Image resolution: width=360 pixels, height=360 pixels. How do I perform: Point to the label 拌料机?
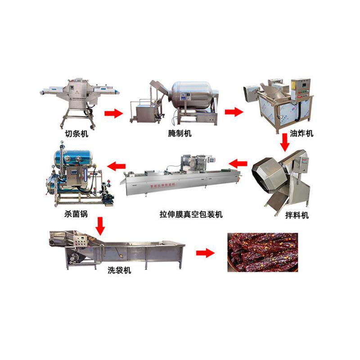[298, 215]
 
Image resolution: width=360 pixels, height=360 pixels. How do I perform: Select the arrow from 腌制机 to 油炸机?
[234, 112]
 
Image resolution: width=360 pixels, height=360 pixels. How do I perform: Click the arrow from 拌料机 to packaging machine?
[238, 162]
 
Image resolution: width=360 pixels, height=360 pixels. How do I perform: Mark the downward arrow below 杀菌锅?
[100, 226]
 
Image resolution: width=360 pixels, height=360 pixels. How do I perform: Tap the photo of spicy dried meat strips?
[262, 252]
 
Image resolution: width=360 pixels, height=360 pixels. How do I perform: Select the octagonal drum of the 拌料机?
[272, 173]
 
